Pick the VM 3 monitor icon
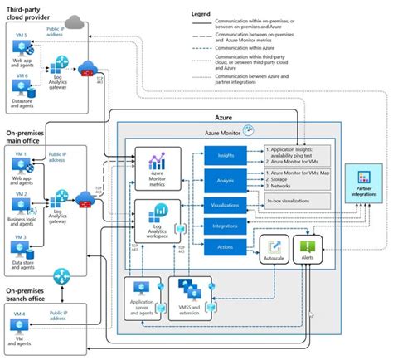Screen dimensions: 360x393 [x=19, y=246]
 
